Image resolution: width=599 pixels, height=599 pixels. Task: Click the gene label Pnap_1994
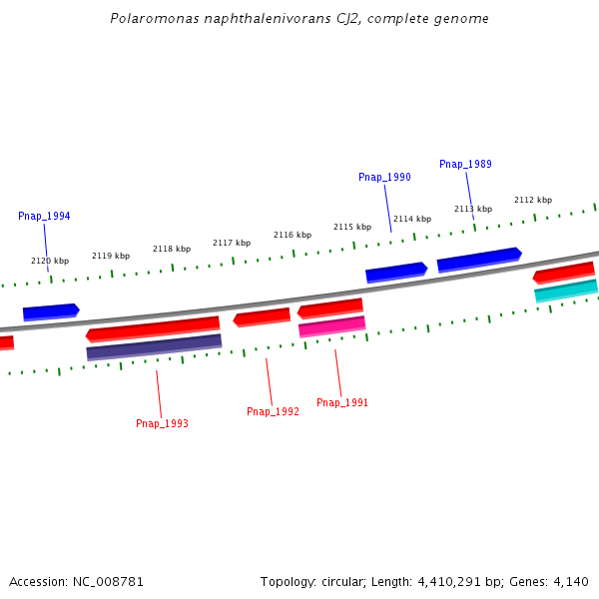pos(44,216)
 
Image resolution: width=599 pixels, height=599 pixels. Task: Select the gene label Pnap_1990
pos(384,177)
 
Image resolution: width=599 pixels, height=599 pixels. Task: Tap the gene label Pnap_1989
pos(465,164)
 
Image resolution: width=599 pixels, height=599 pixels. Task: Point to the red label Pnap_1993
pos(162,423)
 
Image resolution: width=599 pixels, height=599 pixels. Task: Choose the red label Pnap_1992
pos(273,411)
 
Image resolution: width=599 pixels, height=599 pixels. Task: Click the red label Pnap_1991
pos(342,402)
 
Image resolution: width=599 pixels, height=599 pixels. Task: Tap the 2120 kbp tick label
pos(50,261)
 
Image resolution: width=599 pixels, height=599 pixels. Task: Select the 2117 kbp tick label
pos(232,243)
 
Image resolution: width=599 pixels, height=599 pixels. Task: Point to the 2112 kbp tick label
pos(533,200)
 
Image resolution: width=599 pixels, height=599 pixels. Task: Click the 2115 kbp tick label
pos(352,227)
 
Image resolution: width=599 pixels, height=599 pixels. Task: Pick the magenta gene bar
pos(331,326)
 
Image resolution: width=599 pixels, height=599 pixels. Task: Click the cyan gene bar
pos(566,291)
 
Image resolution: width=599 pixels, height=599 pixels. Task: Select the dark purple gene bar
pos(154,346)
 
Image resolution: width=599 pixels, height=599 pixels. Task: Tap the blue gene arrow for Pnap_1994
pos(51,311)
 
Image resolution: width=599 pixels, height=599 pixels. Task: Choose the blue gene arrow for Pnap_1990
pos(396,272)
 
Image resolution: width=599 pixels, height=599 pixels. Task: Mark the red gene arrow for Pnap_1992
pos(262,317)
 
